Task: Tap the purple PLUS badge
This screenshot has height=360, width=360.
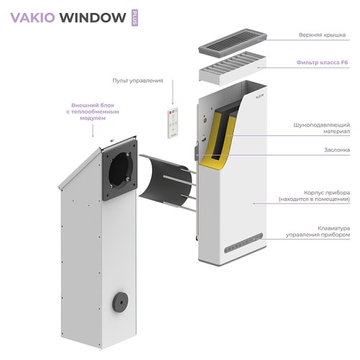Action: (x=134, y=17)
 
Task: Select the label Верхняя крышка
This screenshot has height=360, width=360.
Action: (x=324, y=35)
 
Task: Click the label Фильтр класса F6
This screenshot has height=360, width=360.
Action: (x=324, y=63)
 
